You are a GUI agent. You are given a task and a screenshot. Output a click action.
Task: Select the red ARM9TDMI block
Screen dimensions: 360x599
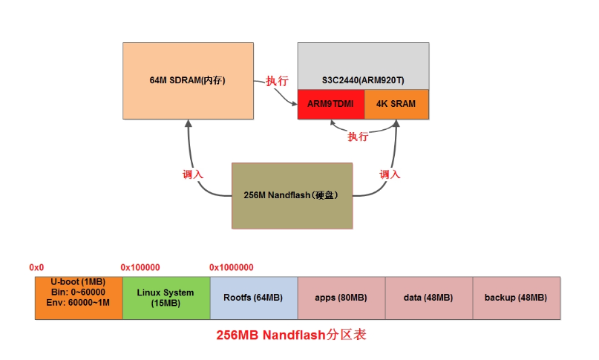pos(330,104)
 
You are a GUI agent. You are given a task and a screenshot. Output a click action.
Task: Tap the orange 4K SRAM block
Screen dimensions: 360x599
pos(396,104)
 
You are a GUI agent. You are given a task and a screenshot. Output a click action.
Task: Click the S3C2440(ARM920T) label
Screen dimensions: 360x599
pos(363,79)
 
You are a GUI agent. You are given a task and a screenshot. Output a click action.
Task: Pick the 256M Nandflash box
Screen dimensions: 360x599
pos(291,195)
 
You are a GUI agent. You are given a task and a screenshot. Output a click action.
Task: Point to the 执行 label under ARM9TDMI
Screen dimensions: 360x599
pos(358,137)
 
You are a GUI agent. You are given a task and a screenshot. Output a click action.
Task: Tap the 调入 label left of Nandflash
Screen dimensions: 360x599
pos(192,174)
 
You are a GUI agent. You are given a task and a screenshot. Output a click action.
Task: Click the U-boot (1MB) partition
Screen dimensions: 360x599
pos(78,298)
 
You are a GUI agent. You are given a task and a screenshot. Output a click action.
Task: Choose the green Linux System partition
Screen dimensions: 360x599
pos(166,298)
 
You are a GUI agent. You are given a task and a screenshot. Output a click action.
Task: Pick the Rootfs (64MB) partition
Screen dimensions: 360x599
pos(253,298)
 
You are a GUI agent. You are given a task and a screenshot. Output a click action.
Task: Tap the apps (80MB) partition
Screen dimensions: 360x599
pos(341,298)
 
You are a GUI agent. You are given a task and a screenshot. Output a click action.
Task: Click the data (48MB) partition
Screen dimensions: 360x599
pos(428,298)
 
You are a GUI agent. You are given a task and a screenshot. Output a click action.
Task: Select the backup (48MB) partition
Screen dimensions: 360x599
pos(516,298)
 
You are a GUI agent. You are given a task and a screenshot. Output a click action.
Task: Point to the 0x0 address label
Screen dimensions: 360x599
pos(36,267)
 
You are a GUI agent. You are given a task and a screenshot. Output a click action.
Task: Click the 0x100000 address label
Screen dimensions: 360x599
pos(140,267)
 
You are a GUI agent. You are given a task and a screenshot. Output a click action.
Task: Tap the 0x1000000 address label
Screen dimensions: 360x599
pos(231,267)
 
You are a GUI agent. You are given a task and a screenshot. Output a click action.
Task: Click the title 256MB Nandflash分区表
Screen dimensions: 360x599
pos(292,335)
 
